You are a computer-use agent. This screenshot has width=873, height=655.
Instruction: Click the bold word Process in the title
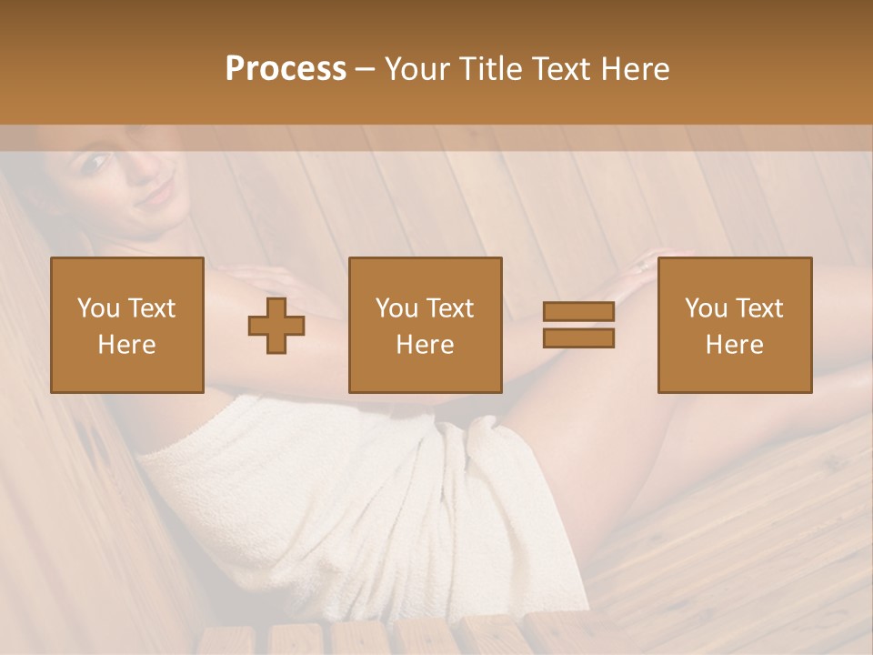pos(286,69)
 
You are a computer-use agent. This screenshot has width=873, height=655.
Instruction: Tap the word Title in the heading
pos(490,69)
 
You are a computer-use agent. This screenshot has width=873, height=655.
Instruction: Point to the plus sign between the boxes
pos(276,326)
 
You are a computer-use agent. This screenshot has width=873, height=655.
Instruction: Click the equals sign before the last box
pos(578,325)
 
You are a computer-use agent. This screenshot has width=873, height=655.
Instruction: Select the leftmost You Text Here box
pos(126,325)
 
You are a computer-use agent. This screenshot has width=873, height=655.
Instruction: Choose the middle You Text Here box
pos(425,325)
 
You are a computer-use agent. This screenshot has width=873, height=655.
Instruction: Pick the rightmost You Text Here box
pos(734,325)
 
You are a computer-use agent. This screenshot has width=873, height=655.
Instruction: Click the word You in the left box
pos(97,308)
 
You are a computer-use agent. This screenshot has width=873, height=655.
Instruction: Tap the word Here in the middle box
pos(425,344)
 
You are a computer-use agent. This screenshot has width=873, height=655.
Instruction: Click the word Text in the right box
pos(759,308)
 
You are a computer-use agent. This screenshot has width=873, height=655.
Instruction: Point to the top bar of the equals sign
pos(578,311)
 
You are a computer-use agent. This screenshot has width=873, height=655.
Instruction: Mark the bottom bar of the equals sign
pos(578,338)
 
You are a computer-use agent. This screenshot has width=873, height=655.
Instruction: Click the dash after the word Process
pos(365,69)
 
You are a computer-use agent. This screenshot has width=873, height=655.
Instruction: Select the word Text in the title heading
pos(560,69)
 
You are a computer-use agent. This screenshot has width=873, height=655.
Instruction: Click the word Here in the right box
pos(734,344)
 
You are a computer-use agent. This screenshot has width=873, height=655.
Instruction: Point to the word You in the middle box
pos(396,308)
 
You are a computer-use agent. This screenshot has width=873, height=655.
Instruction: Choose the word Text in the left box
pos(151,308)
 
